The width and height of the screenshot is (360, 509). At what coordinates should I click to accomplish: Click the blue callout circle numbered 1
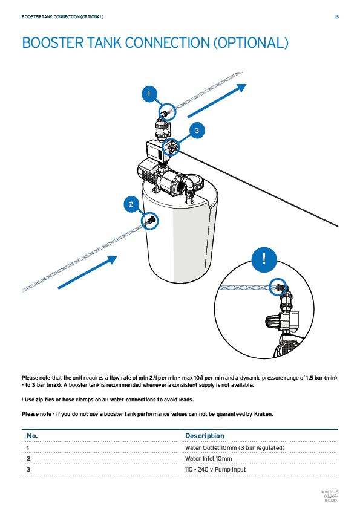[149, 94]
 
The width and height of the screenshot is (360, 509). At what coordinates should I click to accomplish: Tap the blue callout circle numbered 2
[131, 204]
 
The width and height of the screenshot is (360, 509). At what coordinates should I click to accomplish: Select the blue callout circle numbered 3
[197, 131]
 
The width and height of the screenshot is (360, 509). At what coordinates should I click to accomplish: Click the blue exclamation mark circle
[264, 259]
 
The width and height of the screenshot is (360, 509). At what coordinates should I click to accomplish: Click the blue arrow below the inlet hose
[87, 272]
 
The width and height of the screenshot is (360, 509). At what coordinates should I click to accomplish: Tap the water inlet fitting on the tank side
[151, 221]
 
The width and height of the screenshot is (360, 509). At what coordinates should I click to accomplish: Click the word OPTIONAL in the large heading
[251, 43]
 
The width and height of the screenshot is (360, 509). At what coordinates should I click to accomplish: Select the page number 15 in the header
[336, 16]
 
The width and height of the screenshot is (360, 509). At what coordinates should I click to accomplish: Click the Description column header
[205, 436]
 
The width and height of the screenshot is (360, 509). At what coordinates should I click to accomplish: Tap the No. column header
[32, 436]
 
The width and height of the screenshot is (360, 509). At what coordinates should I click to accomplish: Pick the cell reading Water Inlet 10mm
[209, 458]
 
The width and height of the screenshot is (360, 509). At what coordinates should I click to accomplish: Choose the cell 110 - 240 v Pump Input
[215, 469]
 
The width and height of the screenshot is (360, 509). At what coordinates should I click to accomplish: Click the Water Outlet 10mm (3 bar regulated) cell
[235, 448]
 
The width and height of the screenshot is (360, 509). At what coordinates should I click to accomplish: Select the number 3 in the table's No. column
[28, 469]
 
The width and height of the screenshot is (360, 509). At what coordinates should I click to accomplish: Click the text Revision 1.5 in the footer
[330, 492]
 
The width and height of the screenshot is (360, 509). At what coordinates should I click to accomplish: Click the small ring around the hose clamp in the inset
[278, 287]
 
